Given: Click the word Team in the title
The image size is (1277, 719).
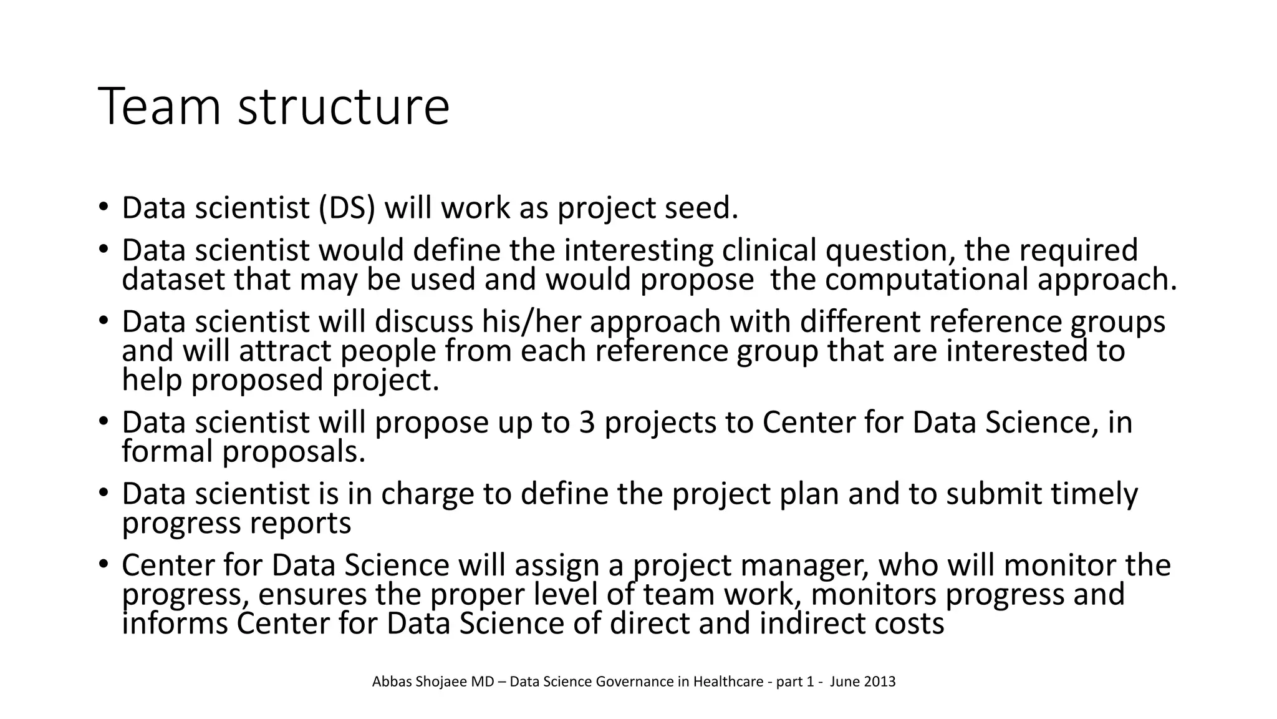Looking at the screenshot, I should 160,107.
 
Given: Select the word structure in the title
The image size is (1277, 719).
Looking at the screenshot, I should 344,107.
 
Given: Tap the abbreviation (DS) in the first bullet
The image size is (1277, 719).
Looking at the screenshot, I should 347,208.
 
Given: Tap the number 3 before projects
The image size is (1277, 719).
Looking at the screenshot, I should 587,423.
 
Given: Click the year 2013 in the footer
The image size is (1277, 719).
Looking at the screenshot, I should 880,682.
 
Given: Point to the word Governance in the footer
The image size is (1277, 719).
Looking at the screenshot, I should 634,682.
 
